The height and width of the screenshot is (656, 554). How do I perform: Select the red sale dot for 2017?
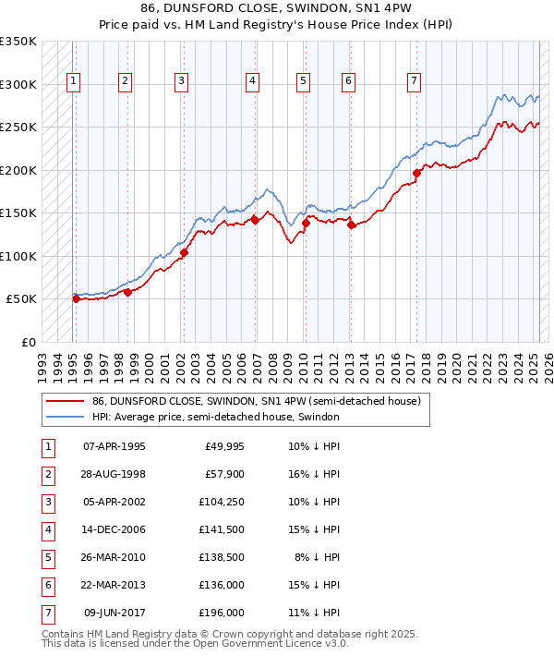pyautogui.click(x=416, y=173)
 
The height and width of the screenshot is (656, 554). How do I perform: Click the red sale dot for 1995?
pyautogui.click(x=76, y=298)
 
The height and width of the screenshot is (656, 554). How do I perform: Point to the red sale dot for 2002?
pyautogui.click(x=184, y=252)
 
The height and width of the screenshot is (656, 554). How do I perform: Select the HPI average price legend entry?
pyautogui.click(x=216, y=418)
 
